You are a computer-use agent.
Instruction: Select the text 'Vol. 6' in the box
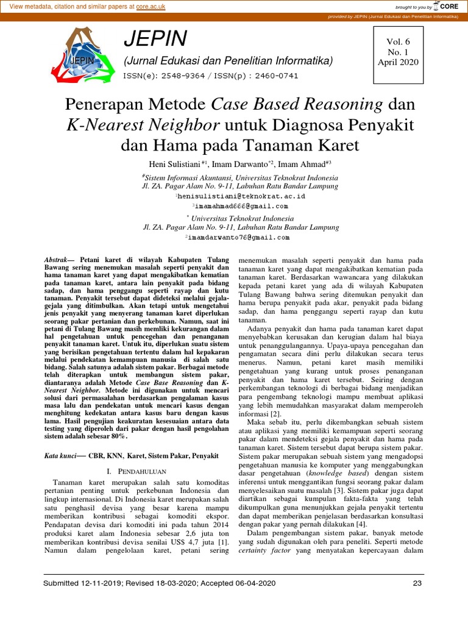pos(399,41)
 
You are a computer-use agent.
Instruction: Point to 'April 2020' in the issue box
pos(399,62)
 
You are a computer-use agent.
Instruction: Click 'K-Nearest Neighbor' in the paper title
pos(144,126)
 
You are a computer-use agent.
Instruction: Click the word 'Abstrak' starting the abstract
pos(58,259)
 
